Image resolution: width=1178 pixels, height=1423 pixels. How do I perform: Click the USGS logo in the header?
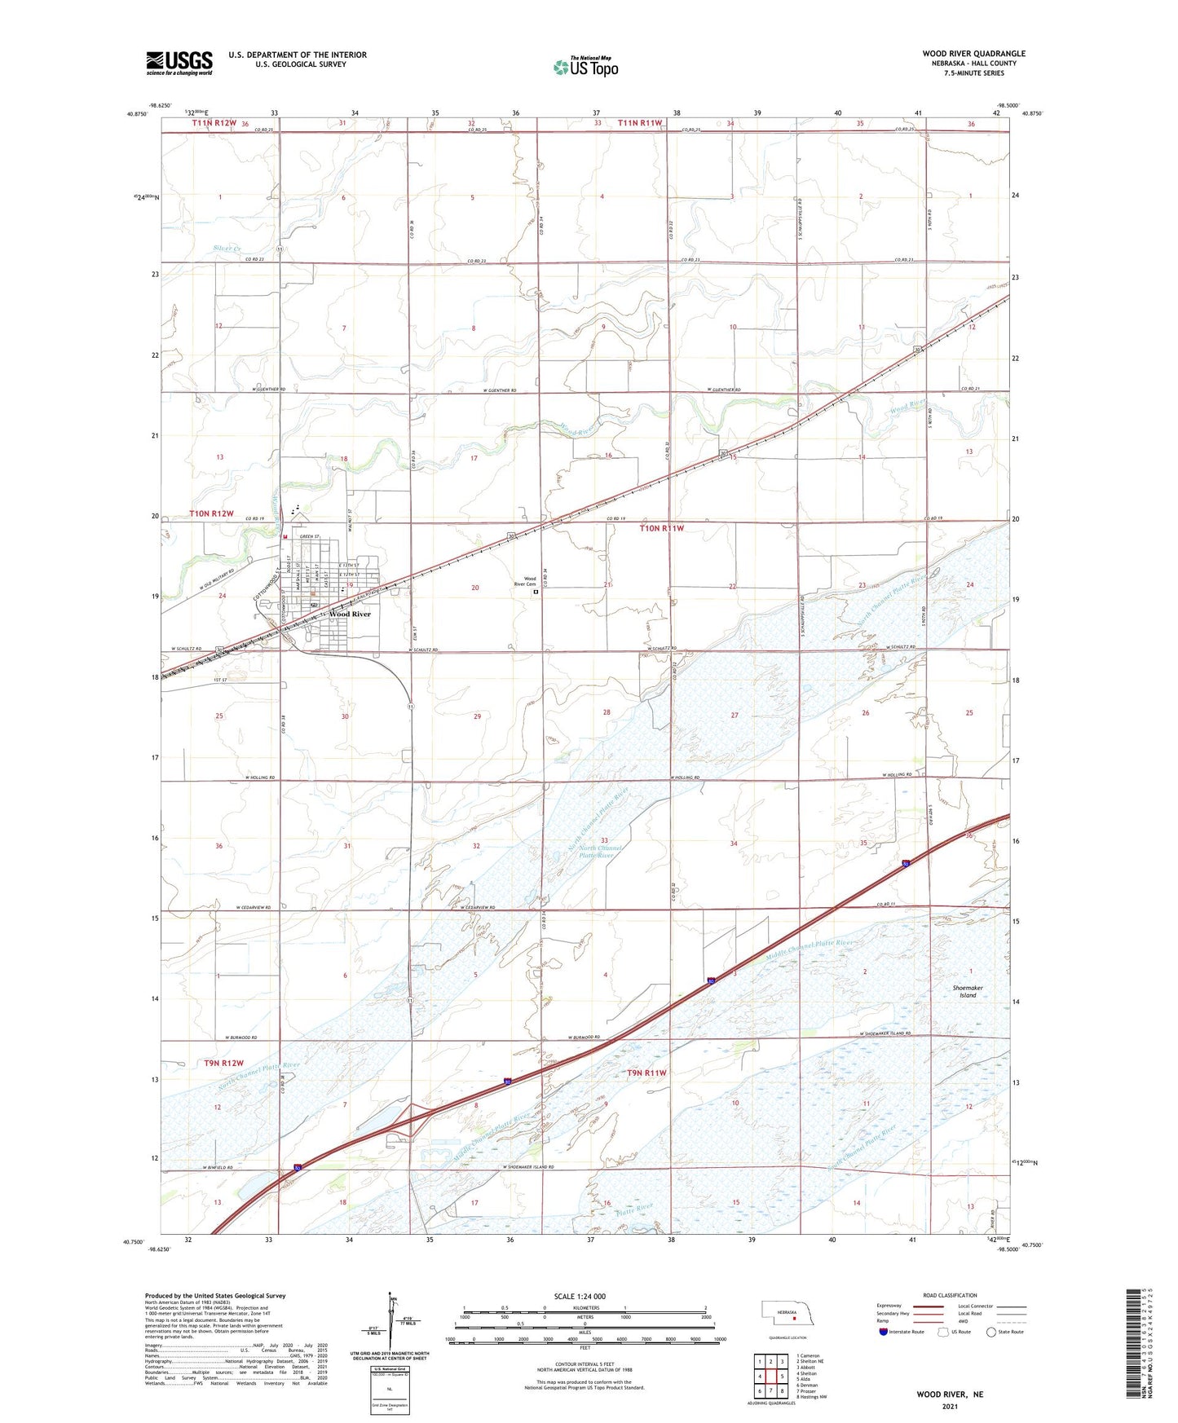point(179,62)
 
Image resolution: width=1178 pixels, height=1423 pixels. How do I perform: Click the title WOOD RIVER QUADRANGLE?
point(973,54)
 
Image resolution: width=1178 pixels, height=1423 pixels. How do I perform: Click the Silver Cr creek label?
point(227,249)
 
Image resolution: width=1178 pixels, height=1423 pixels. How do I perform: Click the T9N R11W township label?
point(646,1073)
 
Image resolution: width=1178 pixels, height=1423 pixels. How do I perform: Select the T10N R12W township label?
point(211,513)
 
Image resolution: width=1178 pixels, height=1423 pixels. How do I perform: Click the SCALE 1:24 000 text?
point(580,1296)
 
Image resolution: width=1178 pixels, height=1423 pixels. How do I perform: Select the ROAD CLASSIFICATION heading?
point(950,1295)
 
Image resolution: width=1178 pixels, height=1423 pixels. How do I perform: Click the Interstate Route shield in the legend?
point(884,1332)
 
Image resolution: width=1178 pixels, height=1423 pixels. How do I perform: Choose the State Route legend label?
point(1010,1332)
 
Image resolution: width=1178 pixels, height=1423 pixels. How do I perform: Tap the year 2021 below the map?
point(950,1406)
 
